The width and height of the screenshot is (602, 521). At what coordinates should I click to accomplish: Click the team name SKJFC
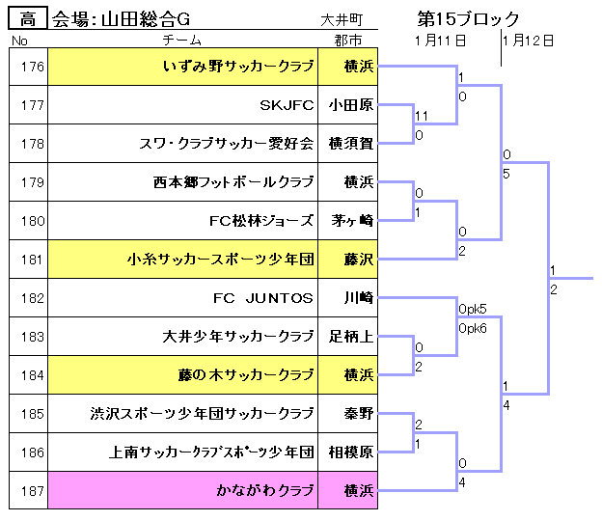(x=287, y=105)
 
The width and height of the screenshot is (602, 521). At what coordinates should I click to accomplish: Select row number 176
(x=32, y=67)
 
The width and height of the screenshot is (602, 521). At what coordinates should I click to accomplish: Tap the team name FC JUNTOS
(x=263, y=298)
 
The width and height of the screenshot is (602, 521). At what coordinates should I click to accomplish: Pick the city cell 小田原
(x=351, y=105)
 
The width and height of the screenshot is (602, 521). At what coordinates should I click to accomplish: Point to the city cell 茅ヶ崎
(x=352, y=221)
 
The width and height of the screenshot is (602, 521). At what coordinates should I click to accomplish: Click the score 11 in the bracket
(x=422, y=116)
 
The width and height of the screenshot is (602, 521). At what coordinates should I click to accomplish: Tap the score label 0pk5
(x=472, y=309)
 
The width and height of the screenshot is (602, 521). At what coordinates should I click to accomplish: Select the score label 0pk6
(x=472, y=328)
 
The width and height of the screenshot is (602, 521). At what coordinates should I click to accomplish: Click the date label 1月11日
(x=440, y=41)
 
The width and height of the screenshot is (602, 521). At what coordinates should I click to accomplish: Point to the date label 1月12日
(x=528, y=41)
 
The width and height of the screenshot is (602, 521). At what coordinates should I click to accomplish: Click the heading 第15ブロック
(x=468, y=18)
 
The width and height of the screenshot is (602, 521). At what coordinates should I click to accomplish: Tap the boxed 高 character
(x=28, y=18)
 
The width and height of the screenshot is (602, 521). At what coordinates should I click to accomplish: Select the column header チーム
(x=181, y=40)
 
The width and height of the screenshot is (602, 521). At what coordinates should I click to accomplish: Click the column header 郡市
(x=348, y=41)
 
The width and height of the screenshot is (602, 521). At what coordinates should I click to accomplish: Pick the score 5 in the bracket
(x=506, y=174)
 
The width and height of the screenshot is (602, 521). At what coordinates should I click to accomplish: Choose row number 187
(x=32, y=491)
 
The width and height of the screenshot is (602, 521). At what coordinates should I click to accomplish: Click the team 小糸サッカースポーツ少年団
(x=221, y=260)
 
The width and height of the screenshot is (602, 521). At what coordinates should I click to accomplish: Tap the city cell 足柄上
(x=351, y=337)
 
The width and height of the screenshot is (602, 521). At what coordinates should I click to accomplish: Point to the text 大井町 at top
(x=342, y=20)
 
